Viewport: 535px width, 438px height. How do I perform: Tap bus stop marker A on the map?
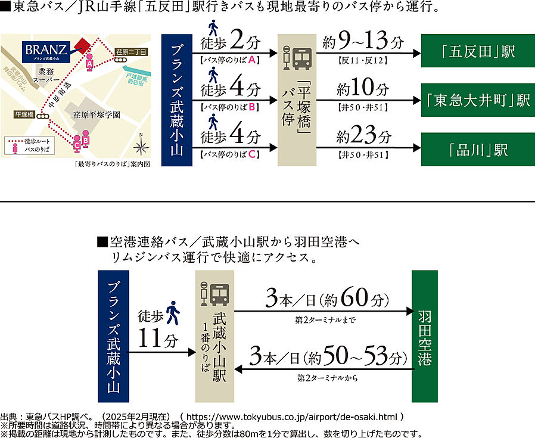pos(89,61)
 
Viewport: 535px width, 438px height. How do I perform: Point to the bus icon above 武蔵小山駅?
pos(215,293)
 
